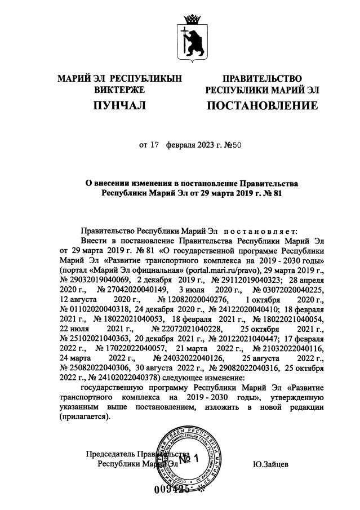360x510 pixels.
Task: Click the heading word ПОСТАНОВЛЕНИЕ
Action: tap(262, 105)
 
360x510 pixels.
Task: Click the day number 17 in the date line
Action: tap(155, 145)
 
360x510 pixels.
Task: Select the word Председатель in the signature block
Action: tap(112, 454)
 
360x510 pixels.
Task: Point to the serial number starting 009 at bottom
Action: tap(171, 489)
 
